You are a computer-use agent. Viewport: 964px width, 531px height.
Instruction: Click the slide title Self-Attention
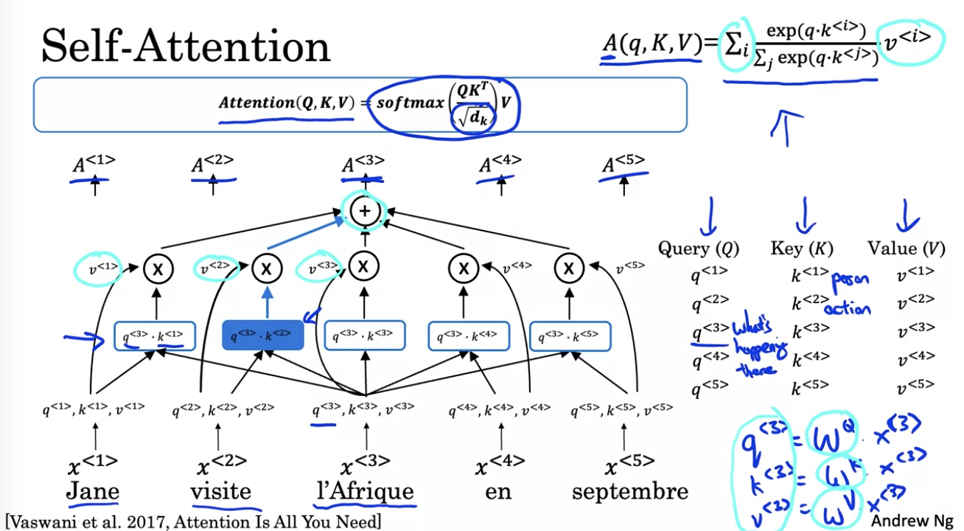point(186,47)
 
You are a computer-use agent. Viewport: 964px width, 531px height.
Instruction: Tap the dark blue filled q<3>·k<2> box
point(263,336)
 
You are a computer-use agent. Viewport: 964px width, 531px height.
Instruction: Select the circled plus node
point(364,212)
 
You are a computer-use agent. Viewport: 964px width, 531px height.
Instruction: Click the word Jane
point(93,490)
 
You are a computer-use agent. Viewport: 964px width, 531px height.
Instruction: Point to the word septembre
point(630,491)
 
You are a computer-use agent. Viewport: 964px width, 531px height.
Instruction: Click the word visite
point(220,490)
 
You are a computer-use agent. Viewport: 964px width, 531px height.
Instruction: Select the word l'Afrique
point(363,490)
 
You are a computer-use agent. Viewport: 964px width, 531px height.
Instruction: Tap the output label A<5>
point(624,163)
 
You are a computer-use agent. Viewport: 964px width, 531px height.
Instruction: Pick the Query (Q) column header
point(698,249)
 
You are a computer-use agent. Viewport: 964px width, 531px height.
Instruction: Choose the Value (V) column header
point(906,249)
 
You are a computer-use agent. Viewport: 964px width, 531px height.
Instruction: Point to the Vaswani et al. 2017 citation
point(193,521)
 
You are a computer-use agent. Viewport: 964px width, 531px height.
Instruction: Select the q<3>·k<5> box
point(570,336)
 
